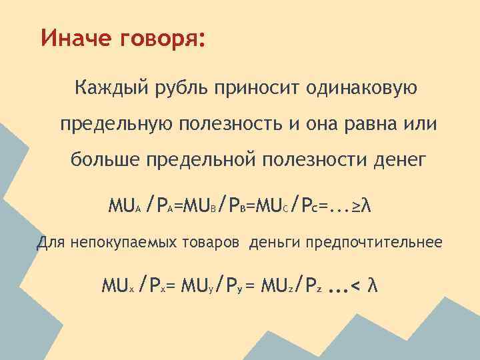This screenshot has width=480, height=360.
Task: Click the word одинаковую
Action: [x=362, y=87]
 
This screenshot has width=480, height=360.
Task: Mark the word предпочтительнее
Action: [x=374, y=242]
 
